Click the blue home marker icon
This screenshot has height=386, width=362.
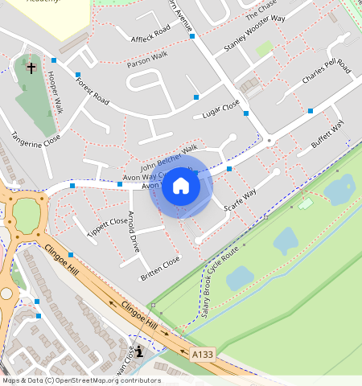[181, 187]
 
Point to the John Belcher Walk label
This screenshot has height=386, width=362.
[169, 154]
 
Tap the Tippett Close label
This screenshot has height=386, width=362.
[107, 224]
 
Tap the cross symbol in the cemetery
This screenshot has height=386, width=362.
[31, 68]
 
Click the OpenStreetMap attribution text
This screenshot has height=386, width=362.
[80, 380]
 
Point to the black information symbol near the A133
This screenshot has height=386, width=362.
[140, 351]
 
